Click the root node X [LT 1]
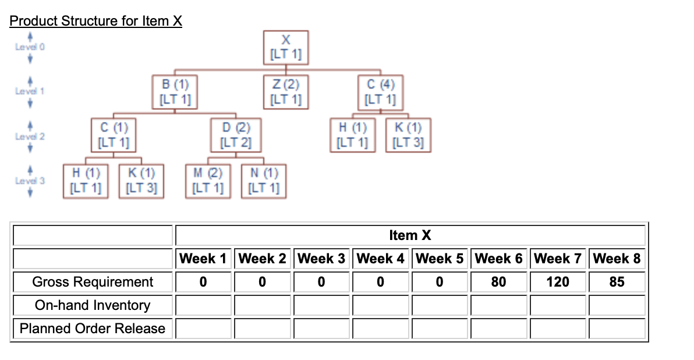click(x=286, y=48)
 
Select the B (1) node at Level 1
click(x=175, y=91)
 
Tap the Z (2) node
click(x=286, y=91)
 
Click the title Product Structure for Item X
click(x=96, y=21)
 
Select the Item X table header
click(x=410, y=235)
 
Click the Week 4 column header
click(x=380, y=258)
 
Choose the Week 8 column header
click(x=617, y=258)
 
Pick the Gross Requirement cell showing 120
click(x=558, y=282)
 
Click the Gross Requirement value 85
click(x=617, y=282)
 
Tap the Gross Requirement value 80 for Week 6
click(x=498, y=282)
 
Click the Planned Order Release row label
click(x=93, y=329)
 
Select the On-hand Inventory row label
click(x=93, y=305)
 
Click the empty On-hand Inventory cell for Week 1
click(x=203, y=305)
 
